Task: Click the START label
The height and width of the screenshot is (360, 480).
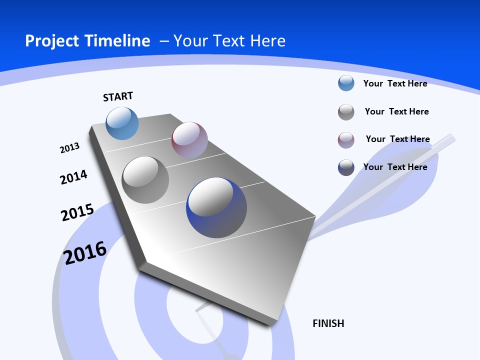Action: coord(118,96)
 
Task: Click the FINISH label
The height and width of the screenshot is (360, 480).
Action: coord(328,323)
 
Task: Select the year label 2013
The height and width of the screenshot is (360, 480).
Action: coord(69,148)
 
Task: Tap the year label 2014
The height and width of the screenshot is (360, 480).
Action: coord(73,177)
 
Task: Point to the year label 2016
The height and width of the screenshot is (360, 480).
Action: coord(85,253)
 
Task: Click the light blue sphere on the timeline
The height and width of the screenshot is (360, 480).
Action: coord(122,123)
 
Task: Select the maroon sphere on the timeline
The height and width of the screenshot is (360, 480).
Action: coord(189,140)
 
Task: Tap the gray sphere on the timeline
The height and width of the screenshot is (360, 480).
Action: coord(145,180)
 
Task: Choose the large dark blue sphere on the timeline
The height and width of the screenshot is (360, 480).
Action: coord(216,207)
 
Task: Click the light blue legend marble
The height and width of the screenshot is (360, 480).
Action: coord(346,83)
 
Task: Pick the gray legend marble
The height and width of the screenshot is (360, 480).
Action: coord(346,112)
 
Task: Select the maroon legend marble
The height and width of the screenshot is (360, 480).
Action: coord(346,140)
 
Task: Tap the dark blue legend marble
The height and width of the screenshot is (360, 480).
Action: coord(346,167)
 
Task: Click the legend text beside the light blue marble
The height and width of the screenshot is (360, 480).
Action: coord(395,83)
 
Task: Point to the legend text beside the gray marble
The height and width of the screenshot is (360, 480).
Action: coord(396,111)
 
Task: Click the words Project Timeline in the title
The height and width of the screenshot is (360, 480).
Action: coord(87,41)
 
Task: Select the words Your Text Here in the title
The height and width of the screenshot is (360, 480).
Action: coord(229,41)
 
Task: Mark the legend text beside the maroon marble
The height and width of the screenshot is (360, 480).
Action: coord(397,139)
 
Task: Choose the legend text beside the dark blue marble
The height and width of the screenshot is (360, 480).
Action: coord(395,167)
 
